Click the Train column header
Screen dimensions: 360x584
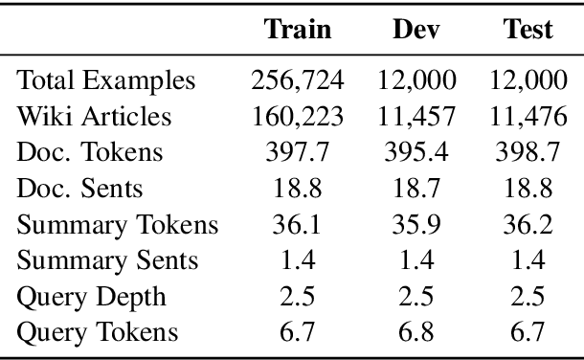298,30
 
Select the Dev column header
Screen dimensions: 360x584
416,30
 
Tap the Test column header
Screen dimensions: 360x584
528,30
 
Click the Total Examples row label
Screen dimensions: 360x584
107,80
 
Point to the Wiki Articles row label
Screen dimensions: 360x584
95,117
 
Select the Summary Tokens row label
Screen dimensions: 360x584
119,225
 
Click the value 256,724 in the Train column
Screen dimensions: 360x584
299,80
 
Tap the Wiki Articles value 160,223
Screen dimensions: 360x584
299,117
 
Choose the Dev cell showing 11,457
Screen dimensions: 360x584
416,117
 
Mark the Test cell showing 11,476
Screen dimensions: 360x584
528,117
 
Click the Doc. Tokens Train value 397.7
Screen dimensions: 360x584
299,153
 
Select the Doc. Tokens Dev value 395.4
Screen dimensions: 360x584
416,153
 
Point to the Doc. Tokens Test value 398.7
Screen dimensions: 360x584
528,153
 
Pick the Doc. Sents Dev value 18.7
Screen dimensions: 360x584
416,189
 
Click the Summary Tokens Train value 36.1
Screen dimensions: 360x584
299,225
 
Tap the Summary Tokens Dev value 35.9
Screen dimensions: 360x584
416,225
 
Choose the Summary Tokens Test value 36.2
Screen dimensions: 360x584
528,225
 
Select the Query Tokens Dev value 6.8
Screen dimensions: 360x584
416,332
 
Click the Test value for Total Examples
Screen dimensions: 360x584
528,80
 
